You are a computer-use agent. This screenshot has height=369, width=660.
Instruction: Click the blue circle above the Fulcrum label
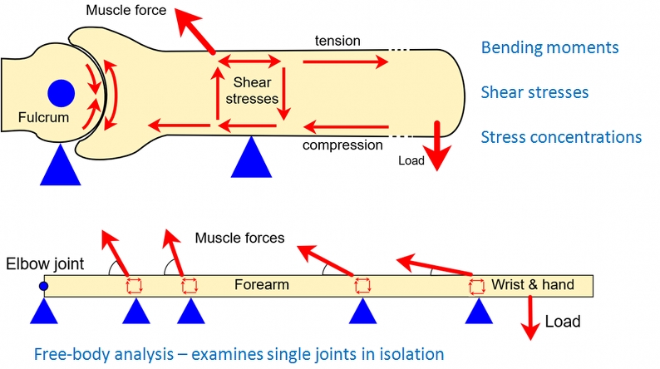point(61,93)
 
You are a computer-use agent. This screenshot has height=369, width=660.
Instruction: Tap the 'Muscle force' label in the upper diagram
point(126,10)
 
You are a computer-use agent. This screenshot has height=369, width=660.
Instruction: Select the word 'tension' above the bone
point(337,41)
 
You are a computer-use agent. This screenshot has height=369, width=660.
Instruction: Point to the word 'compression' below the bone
point(342,145)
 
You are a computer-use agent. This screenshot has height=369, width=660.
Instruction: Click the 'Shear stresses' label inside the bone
point(252,91)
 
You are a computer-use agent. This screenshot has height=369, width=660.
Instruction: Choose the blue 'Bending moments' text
point(549,47)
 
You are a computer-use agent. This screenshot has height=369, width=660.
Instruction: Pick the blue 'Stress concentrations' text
point(561,137)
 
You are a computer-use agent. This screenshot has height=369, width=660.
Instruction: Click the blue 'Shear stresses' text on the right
point(534,92)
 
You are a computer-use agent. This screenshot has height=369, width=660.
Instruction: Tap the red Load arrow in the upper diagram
point(437,145)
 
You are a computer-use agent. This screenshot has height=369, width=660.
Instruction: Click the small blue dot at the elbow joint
point(43,286)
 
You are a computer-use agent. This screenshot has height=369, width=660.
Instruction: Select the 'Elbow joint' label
point(45,263)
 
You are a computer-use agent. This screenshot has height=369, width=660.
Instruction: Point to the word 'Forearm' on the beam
point(261,285)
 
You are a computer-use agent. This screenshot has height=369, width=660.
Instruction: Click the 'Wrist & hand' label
point(533,284)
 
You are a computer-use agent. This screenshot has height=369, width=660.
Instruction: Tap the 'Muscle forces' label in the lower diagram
point(239,239)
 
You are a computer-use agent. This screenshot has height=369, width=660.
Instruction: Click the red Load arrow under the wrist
point(530,317)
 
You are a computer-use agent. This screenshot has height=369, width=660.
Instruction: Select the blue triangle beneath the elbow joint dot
point(44,311)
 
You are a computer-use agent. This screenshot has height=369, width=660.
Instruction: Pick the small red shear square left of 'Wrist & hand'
point(477,287)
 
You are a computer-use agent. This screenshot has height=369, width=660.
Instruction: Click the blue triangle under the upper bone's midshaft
point(251,156)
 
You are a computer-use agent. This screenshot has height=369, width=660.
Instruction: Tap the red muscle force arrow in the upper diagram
point(195,31)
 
